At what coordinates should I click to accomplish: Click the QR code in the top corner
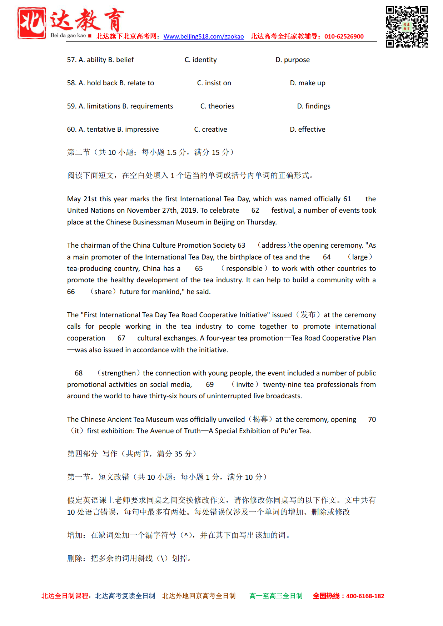(x=407, y=27)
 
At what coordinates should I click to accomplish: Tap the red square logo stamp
(x=32, y=22)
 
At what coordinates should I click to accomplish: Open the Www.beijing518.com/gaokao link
(x=204, y=36)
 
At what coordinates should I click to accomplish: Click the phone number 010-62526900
(x=344, y=36)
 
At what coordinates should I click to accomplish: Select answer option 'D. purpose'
(x=293, y=60)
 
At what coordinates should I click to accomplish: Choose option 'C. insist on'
(x=214, y=83)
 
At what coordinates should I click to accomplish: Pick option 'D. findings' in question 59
(x=314, y=106)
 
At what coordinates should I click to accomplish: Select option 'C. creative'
(x=210, y=130)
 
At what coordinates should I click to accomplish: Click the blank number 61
(x=347, y=199)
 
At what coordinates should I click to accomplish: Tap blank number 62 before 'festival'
(x=255, y=211)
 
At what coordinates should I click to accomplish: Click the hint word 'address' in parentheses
(x=274, y=246)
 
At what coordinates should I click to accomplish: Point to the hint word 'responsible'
(x=244, y=269)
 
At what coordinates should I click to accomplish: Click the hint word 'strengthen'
(x=118, y=373)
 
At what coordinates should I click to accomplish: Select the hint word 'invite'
(x=245, y=385)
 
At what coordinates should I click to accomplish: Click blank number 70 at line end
(x=372, y=420)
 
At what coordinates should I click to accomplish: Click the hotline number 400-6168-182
(x=365, y=596)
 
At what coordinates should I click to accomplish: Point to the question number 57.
(x=71, y=60)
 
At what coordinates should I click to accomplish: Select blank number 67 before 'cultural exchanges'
(x=121, y=338)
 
